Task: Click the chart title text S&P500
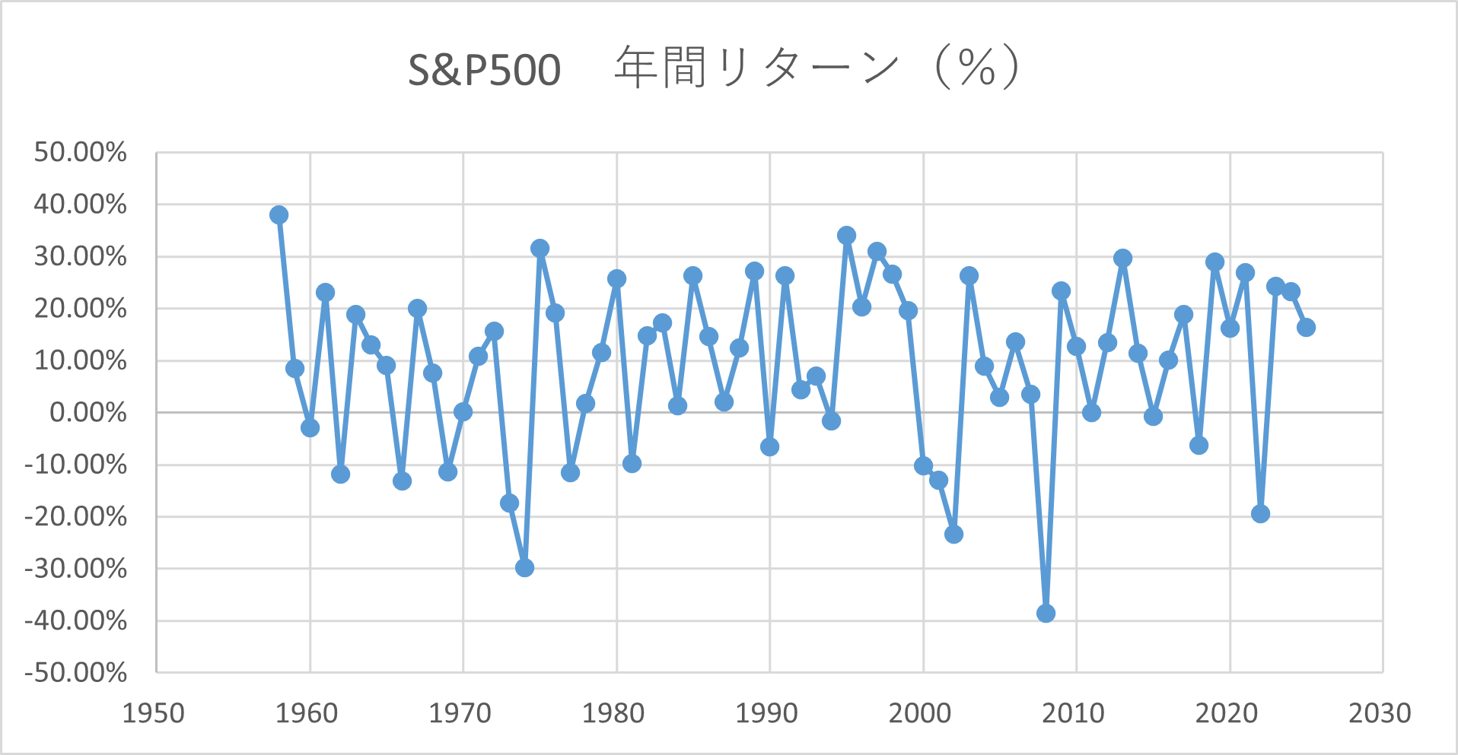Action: (x=484, y=70)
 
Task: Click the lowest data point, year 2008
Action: (x=1046, y=613)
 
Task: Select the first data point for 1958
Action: (x=279, y=215)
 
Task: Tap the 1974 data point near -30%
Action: (x=524, y=567)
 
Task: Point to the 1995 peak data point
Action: (x=846, y=236)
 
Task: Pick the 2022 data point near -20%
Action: (x=1260, y=513)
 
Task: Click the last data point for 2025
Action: (x=1306, y=328)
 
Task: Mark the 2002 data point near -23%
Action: (x=953, y=535)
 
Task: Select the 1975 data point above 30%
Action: (x=540, y=249)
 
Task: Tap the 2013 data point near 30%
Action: (x=1122, y=259)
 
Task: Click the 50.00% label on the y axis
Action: (x=80, y=153)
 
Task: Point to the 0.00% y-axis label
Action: (x=88, y=413)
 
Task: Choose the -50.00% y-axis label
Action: (x=75, y=673)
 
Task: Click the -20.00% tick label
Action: (x=75, y=517)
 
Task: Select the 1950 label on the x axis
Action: (x=154, y=713)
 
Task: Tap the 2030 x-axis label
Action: (x=1380, y=713)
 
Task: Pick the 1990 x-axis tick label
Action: (x=766, y=713)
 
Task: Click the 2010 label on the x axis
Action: (x=1073, y=713)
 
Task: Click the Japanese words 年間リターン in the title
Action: (x=757, y=68)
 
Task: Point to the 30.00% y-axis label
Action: (x=80, y=257)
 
